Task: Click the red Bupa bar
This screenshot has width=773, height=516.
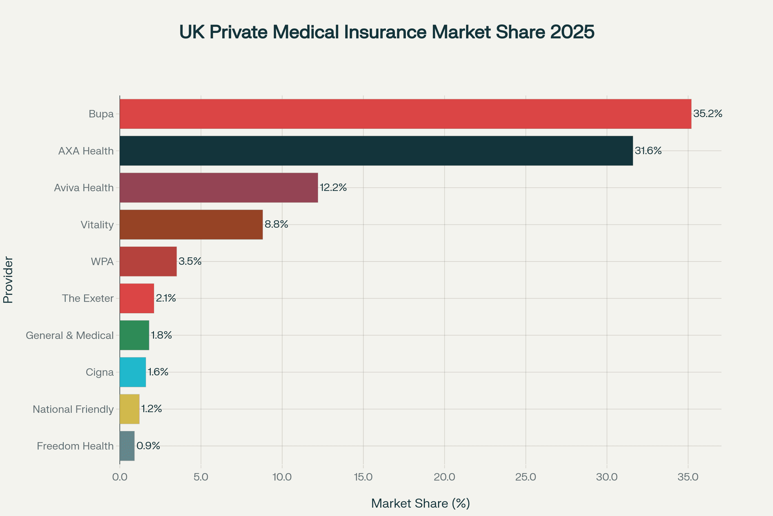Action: click(405, 114)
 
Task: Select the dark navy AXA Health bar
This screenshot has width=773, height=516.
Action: click(376, 151)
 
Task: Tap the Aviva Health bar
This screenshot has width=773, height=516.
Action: click(219, 188)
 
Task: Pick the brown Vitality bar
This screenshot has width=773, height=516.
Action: click(191, 224)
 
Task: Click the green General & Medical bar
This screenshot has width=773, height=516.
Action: click(134, 335)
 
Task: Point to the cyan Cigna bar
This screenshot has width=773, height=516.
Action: click(132, 372)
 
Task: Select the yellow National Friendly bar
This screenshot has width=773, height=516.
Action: click(129, 409)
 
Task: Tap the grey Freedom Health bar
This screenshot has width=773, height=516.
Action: click(127, 446)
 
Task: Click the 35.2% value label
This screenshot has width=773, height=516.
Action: click(708, 114)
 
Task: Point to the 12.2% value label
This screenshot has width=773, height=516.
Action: click(333, 188)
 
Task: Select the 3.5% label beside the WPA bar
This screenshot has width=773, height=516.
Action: click(190, 261)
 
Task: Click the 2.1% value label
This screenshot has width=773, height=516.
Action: click(166, 298)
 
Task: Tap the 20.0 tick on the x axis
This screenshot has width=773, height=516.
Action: click(444, 477)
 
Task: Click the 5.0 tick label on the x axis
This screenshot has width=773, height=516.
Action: click(200, 477)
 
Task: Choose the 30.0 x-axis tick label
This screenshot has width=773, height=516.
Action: click(606, 477)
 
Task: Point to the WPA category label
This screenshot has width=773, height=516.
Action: click(102, 262)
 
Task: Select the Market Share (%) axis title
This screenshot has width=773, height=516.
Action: click(420, 503)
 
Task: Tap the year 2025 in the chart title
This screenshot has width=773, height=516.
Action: click(572, 32)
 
